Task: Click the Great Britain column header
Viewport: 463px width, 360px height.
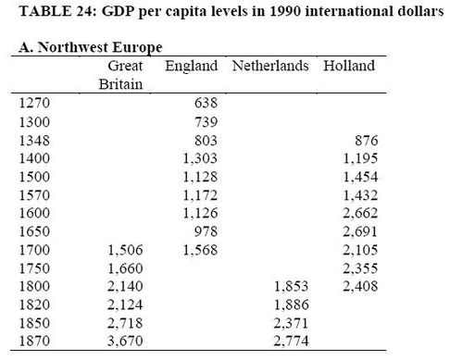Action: (x=124, y=75)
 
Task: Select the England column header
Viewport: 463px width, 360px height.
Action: (x=191, y=67)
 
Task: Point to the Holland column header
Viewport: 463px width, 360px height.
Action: (x=349, y=67)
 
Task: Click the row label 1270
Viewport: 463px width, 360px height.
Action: (x=34, y=105)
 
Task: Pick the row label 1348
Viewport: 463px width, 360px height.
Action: (x=34, y=141)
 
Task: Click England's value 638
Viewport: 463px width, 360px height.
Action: (x=204, y=105)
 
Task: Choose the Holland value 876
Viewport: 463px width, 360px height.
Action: (x=364, y=141)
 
